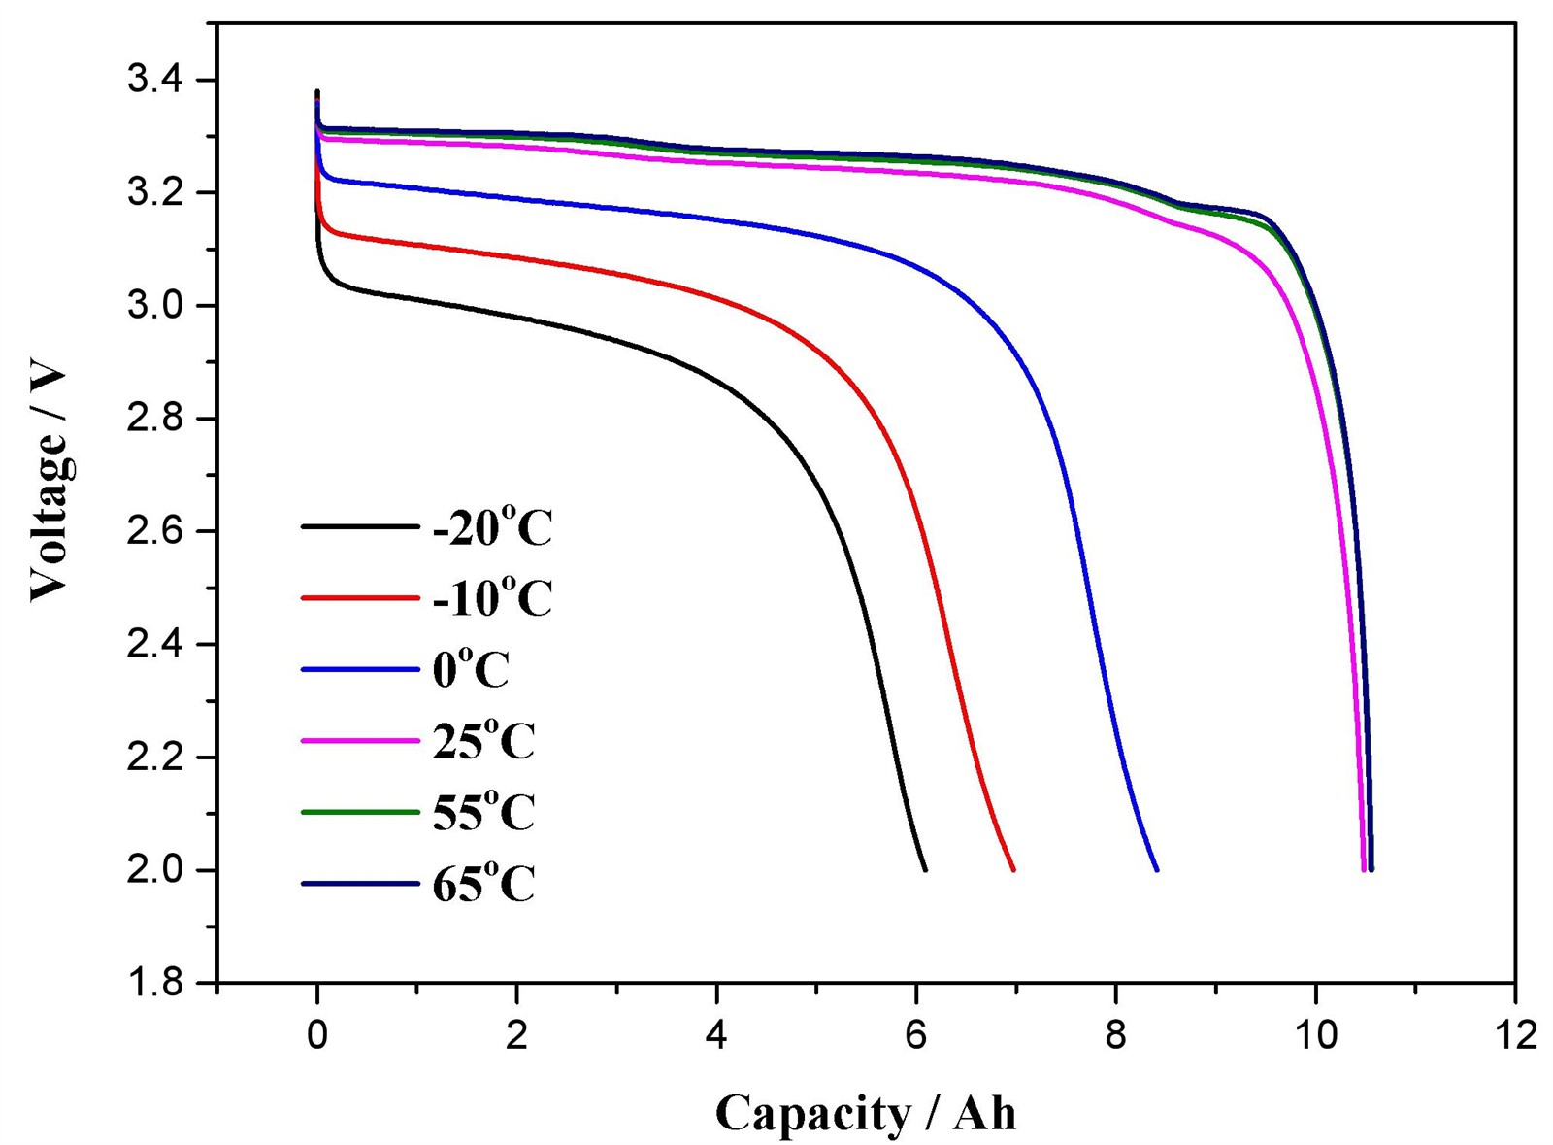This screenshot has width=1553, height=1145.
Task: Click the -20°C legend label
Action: point(492,529)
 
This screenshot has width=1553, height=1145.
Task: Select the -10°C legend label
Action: point(492,598)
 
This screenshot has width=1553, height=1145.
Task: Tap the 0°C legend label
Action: point(471,670)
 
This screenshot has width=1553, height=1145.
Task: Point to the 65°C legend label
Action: point(483,885)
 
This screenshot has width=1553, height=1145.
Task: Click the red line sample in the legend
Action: point(359,598)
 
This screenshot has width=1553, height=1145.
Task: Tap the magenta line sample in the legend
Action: point(359,741)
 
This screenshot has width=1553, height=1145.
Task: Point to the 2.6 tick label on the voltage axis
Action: point(155,532)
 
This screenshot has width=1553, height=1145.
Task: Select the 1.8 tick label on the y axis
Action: point(155,983)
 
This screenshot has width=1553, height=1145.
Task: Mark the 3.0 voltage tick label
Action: point(155,306)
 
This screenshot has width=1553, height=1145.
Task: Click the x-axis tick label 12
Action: point(1514,1036)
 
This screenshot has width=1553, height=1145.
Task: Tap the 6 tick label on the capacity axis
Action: point(916,1036)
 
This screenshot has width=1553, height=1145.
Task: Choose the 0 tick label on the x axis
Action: point(317,1036)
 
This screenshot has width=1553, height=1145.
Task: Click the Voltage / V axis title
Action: point(48,483)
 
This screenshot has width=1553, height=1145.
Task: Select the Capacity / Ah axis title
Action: point(866,1113)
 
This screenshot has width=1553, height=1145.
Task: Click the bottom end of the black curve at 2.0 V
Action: point(925,869)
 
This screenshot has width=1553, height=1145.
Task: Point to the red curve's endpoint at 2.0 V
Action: point(1013,869)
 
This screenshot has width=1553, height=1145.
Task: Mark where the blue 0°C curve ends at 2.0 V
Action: point(1157,869)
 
